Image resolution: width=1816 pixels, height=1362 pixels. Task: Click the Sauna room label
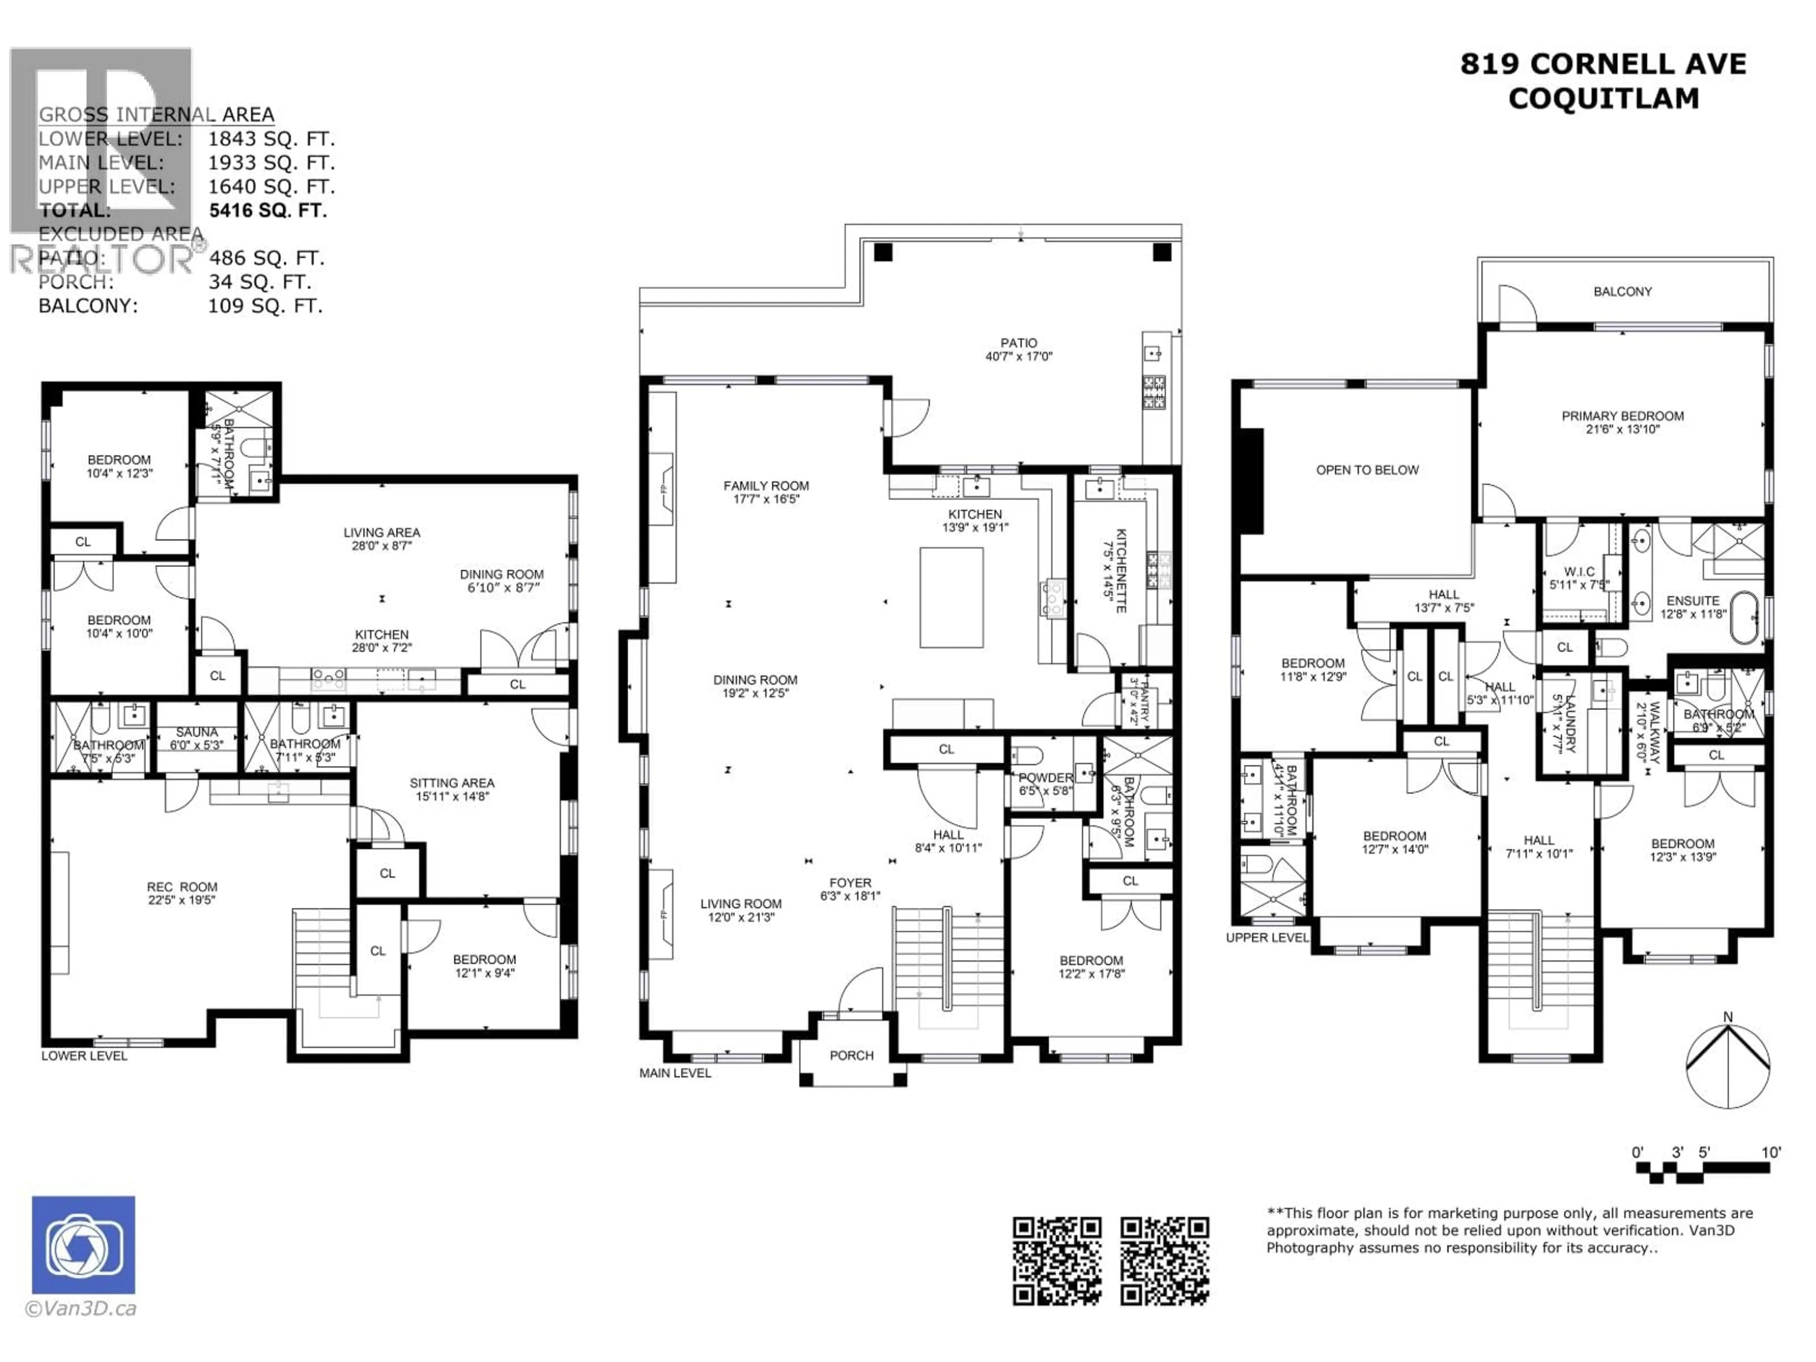coord(196,732)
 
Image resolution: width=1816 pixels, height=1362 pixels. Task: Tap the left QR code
coord(1056,1260)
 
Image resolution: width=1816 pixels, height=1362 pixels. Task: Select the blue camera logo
coord(84,1245)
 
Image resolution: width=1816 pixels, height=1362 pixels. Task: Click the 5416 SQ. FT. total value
coord(268,210)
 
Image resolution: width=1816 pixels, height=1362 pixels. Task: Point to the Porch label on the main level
coord(851,1056)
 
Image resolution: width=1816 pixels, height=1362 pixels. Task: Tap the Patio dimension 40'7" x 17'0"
coord(1018,356)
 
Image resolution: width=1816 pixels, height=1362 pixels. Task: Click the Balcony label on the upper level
coord(1622,291)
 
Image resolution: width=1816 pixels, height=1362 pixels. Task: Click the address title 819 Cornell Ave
coord(1603,64)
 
